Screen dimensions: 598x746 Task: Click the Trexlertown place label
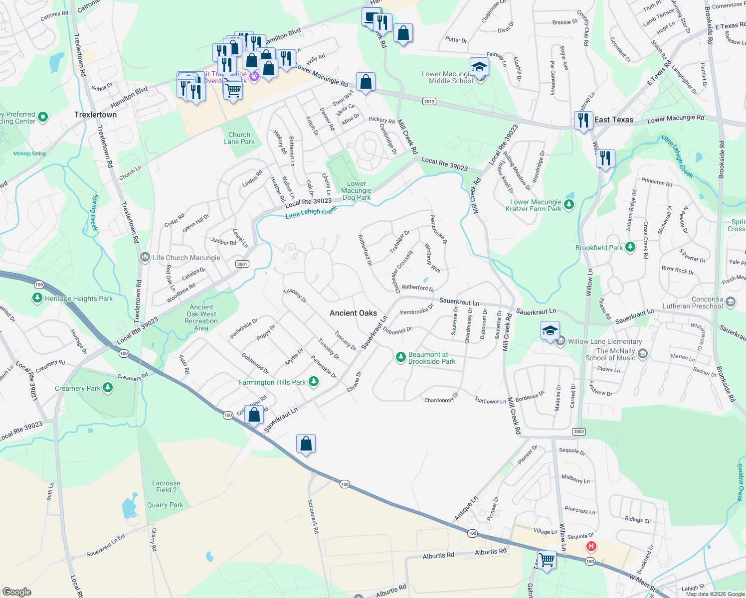pyautogui.click(x=95, y=115)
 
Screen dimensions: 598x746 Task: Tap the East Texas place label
pyautogui.click(x=613, y=120)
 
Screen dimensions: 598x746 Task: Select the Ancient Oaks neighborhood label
pyautogui.click(x=353, y=313)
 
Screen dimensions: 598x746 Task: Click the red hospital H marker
pyautogui.click(x=591, y=546)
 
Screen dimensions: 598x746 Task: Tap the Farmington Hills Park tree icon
pyautogui.click(x=313, y=382)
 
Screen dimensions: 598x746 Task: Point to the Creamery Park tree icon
pyautogui.click(x=108, y=388)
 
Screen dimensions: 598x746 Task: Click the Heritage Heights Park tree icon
pyautogui.click(x=37, y=298)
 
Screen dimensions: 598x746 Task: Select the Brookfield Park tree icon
pyautogui.click(x=630, y=247)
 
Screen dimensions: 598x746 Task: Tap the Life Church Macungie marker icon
pyautogui.click(x=145, y=257)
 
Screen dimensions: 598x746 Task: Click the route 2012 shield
pyautogui.click(x=429, y=102)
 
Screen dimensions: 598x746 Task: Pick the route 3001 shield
pyautogui.click(x=242, y=264)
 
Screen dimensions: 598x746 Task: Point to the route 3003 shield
pyautogui.click(x=578, y=432)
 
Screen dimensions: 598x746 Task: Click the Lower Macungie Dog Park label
pyautogui.click(x=356, y=190)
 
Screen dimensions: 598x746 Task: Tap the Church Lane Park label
pyautogui.click(x=239, y=138)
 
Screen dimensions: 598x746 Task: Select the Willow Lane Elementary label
pyautogui.click(x=604, y=341)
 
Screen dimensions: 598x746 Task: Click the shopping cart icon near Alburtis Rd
pyautogui.click(x=547, y=559)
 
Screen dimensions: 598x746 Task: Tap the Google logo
pyautogui.click(x=16, y=592)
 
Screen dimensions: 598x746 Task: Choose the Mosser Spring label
pyautogui.click(x=29, y=153)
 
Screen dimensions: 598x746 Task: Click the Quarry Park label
pyautogui.click(x=165, y=505)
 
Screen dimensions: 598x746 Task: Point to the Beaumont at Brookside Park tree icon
pyautogui.click(x=400, y=357)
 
